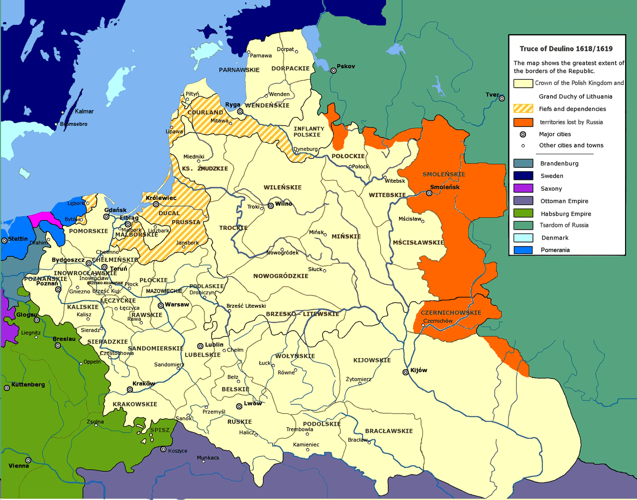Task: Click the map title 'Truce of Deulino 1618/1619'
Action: pos(566,49)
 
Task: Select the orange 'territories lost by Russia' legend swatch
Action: pos(523,122)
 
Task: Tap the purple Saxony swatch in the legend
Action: pos(523,188)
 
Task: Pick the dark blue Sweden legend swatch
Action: pos(523,176)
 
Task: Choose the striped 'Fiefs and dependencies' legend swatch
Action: pos(523,109)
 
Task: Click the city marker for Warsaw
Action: pos(161,305)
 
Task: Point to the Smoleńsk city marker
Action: pos(429,193)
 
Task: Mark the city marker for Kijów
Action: pos(406,372)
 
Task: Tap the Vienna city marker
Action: pos(28,460)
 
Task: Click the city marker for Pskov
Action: pos(333,71)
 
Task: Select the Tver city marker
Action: pos(502,98)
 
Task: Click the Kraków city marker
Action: pos(130,389)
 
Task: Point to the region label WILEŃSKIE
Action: pos(283,187)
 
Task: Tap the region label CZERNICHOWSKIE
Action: pos(451,313)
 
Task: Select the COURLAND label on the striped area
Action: pos(205,113)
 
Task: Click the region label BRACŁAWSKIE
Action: pos(389,431)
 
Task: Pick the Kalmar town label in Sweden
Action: pos(84,111)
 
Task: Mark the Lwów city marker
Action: pos(239,406)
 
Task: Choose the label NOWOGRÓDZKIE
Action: pos(281,276)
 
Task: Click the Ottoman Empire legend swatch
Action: pos(523,201)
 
